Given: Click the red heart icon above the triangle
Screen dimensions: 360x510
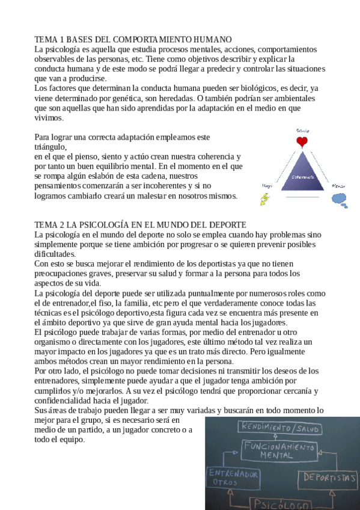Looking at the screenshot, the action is coord(302,141).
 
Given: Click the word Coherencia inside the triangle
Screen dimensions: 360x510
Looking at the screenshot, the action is coord(302,177).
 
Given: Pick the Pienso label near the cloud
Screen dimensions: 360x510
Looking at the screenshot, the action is coord(339,186).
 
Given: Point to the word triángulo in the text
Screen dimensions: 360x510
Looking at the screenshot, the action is coord(50,146).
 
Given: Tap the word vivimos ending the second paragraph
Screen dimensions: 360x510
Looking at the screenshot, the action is coord(49,118).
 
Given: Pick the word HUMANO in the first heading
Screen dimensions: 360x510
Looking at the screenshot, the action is coord(213,39).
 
